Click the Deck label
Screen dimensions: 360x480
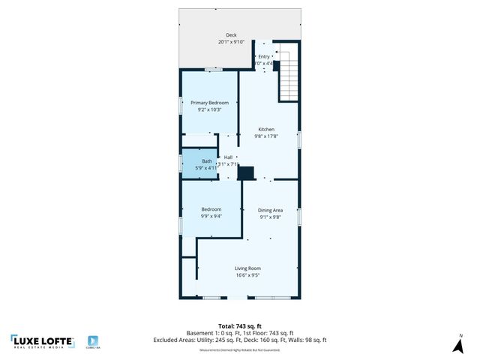point(231,35)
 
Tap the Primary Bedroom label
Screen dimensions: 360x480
point(209,103)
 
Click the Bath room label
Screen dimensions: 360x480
point(207,160)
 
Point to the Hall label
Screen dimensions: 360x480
point(228,157)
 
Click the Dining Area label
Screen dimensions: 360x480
point(270,210)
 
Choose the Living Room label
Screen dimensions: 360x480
point(247,268)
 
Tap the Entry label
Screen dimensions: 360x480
point(264,56)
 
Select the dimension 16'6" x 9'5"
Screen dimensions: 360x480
point(247,275)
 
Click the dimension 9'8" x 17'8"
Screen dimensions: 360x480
point(268,136)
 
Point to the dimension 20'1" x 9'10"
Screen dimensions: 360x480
point(231,42)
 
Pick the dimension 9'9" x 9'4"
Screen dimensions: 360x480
point(211,216)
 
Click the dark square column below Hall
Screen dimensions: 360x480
point(245,173)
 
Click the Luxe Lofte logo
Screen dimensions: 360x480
point(42,342)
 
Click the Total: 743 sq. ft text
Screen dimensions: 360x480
point(240,325)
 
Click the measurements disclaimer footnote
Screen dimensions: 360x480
point(240,350)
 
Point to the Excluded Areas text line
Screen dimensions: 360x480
point(240,340)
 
